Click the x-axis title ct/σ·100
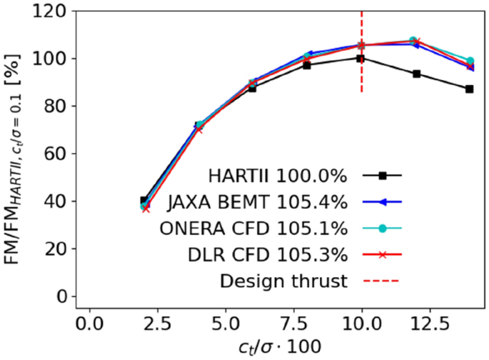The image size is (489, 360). [279, 346]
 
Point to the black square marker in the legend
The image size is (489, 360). [383, 175]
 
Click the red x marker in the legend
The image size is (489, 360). [383, 254]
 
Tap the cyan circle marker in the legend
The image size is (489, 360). [383, 229]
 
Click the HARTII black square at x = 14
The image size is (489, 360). [469, 89]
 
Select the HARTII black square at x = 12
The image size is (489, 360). [416, 74]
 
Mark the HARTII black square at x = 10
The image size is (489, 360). [361, 59]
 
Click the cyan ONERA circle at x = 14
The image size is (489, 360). [470, 61]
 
